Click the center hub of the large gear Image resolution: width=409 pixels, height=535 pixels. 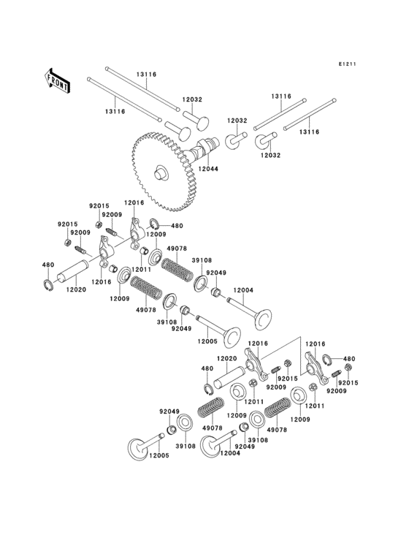click(159, 174)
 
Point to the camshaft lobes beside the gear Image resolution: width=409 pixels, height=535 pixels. click(204, 150)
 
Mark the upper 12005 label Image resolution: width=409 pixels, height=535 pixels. click(207, 341)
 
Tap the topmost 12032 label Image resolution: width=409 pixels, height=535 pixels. click(192, 99)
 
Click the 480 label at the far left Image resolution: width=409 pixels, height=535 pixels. click(47, 265)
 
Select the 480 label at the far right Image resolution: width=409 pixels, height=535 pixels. click(348, 359)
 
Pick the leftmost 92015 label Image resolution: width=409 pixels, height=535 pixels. click(67, 225)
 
